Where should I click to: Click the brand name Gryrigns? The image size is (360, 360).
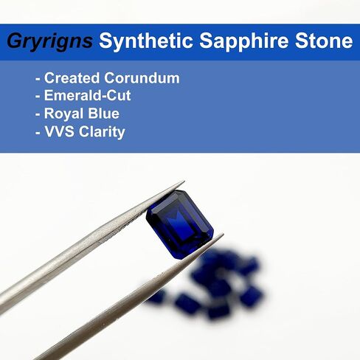[x=50, y=42]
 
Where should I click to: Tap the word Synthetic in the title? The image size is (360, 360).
[x=146, y=41]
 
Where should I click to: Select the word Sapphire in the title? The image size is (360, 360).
[x=243, y=42]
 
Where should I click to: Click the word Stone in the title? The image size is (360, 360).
[x=324, y=41]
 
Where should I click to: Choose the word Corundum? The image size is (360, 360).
[x=142, y=78]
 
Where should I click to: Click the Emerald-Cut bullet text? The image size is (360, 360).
[x=87, y=95]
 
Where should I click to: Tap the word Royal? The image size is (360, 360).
[x=63, y=114]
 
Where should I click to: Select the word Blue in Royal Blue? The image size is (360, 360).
[x=103, y=114]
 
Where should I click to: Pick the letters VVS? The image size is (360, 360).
[x=59, y=132]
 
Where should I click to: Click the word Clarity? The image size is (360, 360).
[x=102, y=132]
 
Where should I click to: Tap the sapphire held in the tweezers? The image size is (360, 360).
[x=180, y=224]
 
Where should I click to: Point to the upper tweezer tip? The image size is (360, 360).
[x=184, y=181]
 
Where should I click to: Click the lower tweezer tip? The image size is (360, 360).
[x=223, y=234]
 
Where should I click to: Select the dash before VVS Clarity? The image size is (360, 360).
[x=38, y=134]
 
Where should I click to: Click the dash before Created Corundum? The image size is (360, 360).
[x=38, y=80]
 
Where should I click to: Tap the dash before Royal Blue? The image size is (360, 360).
[x=38, y=115]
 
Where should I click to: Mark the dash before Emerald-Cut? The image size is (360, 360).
[x=38, y=97]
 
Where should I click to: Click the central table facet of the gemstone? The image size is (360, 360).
[x=180, y=225]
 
